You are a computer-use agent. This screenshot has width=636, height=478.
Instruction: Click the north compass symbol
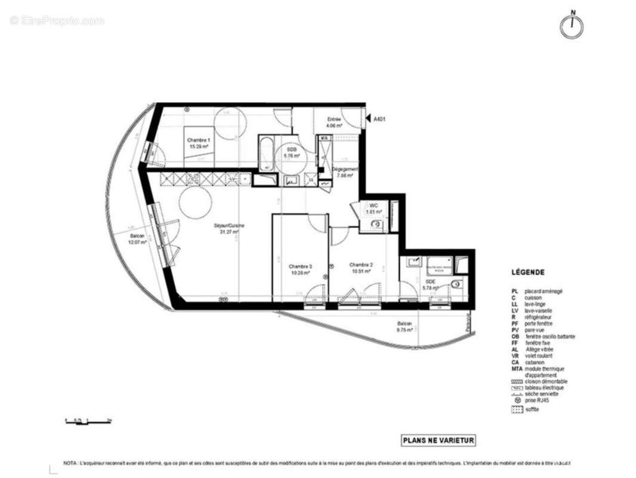(x=571, y=25)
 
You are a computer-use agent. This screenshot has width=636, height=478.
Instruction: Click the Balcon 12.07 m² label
(x=137, y=239)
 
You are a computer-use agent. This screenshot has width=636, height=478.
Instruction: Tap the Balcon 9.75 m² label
(x=405, y=326)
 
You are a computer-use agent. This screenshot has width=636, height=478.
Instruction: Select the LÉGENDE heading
(x=527, y=272)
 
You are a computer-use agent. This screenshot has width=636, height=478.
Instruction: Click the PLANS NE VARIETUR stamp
(x=439, y=441)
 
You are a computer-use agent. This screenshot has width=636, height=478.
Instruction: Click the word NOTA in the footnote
(x=69, y=463)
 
